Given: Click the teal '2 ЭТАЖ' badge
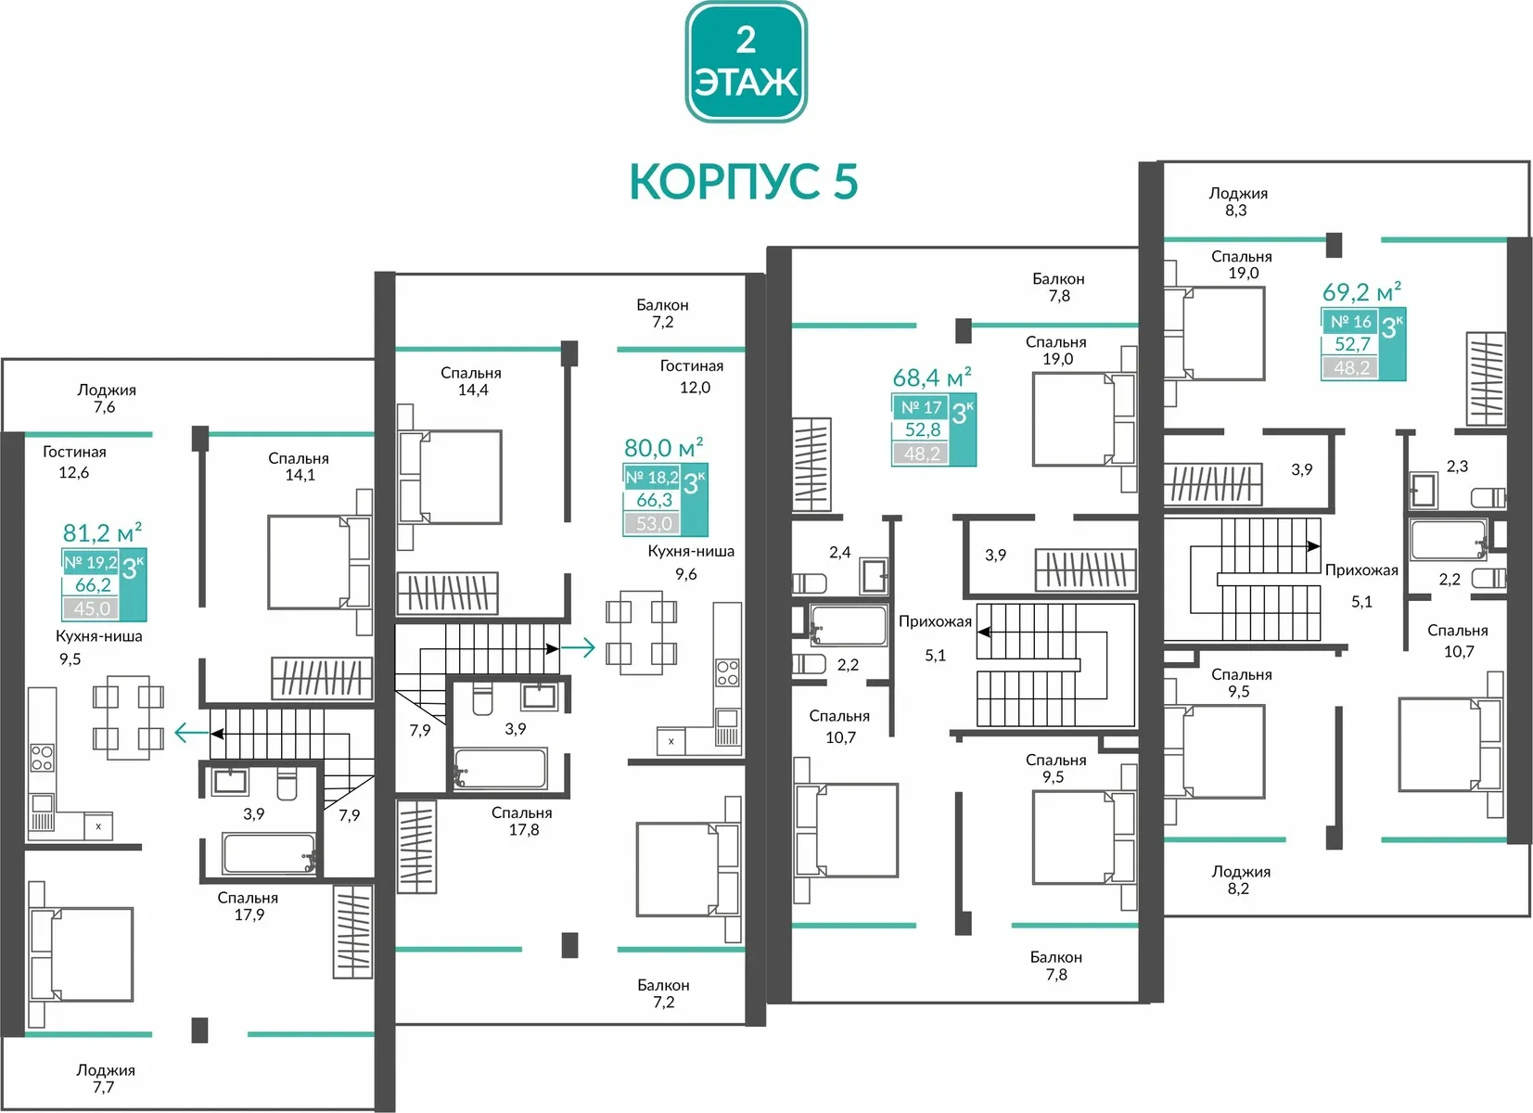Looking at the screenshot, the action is (746, 61).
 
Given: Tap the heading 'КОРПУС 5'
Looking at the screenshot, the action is (743, 182).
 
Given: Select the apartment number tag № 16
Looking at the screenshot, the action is (1350, 321).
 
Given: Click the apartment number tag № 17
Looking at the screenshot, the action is (921, 407).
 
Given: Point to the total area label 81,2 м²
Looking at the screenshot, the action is (102, 531).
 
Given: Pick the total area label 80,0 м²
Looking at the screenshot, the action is (663, 447).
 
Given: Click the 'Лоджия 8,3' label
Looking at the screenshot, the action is (1237, 201).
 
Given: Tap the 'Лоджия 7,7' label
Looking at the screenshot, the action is (105, 1078).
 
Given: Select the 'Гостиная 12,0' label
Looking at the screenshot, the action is (691, 377).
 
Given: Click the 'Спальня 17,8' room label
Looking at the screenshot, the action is (521, 821).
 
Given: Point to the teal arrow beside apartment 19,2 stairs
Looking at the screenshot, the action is (192, 733).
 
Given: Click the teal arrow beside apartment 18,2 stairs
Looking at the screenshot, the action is (579, 647).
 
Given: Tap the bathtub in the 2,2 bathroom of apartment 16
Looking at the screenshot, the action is (1448, 540).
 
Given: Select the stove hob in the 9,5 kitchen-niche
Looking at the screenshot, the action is (42, 757).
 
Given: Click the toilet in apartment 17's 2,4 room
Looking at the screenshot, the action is (809, 583).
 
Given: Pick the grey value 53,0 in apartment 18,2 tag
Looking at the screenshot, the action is (654, 524).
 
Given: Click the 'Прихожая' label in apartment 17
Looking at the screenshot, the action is (935, 621).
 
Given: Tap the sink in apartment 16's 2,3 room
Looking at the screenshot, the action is (1424, 490).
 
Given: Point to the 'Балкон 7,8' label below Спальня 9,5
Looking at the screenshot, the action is (1056, 966).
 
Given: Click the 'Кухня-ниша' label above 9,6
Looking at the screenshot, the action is (691, 551).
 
